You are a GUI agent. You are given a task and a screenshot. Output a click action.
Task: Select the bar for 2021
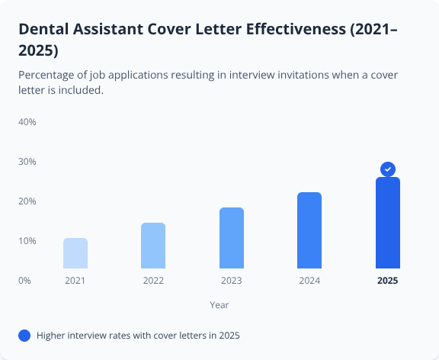click(x=75, y=253)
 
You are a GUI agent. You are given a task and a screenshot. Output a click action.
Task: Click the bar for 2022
click(x=153, y=246)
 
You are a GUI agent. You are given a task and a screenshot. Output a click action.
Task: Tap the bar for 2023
click(x=232, y=238)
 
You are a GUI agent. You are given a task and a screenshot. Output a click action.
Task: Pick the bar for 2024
click(x=309, y=230)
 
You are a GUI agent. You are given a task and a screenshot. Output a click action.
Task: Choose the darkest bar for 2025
click(x=387, y=223)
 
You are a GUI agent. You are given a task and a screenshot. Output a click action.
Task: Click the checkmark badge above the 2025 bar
click(x=388, y=169)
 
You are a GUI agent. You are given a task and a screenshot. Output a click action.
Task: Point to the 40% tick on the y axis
click(x=27, y=122)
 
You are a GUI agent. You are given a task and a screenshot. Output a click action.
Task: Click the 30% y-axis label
click(x=27, y=162)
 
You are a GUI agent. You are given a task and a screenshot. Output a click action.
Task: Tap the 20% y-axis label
click(x=27, y=201)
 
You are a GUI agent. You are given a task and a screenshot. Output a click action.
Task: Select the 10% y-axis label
click(x=27, y=241)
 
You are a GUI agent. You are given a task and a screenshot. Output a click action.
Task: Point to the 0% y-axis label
click(x=25, y=281)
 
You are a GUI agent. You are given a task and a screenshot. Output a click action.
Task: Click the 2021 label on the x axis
click(x=75, y=281)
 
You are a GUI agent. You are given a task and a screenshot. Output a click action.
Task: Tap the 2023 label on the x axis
click(x=232, y=281)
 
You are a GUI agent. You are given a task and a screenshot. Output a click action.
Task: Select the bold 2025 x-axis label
click(x=387, y=281)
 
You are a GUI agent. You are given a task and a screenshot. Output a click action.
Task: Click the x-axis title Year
click(x=219, y=304)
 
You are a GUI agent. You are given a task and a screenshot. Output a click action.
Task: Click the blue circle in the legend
click(x=24, y=335)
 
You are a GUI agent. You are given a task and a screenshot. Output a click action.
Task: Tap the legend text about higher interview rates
click(x=143, y=335)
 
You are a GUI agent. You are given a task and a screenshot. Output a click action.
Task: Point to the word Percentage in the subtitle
click(x=50, y=75)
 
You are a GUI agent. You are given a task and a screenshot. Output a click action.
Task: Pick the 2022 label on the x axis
click(x=153, y=281)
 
